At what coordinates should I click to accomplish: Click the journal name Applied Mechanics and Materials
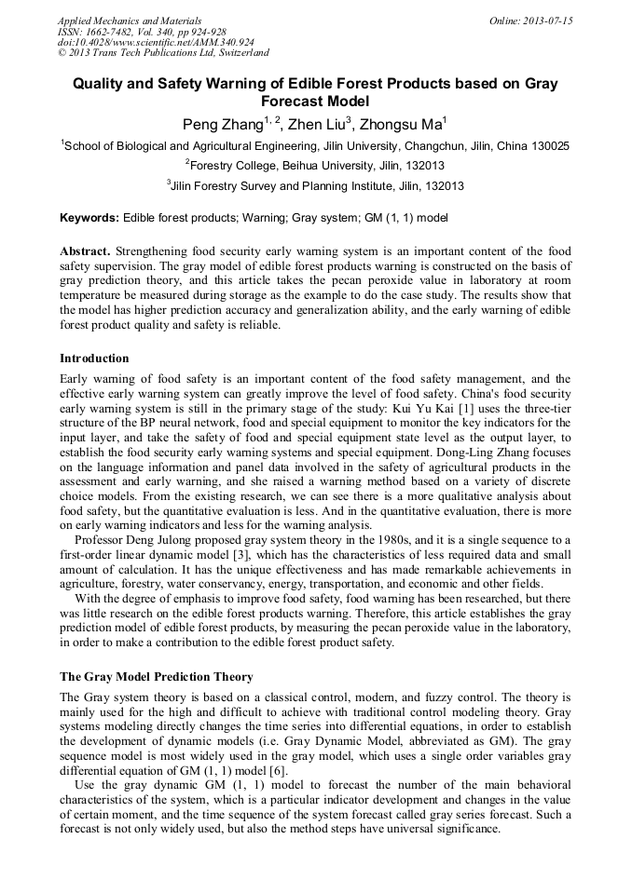(129, 20)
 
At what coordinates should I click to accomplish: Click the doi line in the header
(156, 42)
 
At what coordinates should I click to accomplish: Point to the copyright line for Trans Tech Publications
(163, 53)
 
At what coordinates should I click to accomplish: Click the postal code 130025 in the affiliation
(549, 146)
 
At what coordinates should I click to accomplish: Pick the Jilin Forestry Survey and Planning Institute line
(317, 186)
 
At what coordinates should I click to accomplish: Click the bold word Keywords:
(89, 218)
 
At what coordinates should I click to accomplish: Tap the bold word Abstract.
(85, 251)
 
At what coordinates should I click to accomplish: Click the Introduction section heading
(94, 359)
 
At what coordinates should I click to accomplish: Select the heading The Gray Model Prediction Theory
(156, 677)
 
